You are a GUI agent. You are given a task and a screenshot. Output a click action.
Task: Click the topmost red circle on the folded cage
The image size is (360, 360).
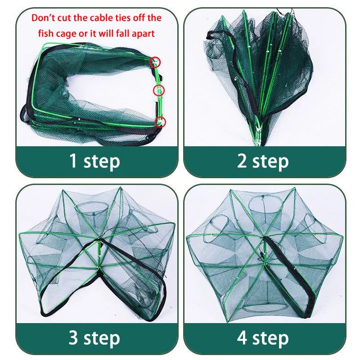[155, 62]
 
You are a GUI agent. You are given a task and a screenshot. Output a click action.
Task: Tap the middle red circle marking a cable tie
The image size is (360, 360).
[159, 90]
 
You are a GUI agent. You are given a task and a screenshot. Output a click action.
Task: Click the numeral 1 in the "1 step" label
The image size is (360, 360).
[73, 161]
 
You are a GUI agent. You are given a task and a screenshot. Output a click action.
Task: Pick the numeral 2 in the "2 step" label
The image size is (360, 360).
[243, 161]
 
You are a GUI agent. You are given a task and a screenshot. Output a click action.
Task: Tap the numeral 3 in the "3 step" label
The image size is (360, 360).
[73, 337]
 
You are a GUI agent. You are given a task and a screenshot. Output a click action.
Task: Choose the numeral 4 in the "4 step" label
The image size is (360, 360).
[243, 337]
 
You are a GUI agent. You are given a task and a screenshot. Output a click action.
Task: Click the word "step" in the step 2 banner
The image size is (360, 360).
[270, 161]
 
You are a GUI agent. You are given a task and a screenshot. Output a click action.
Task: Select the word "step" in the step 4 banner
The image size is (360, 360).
[270, 338]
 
